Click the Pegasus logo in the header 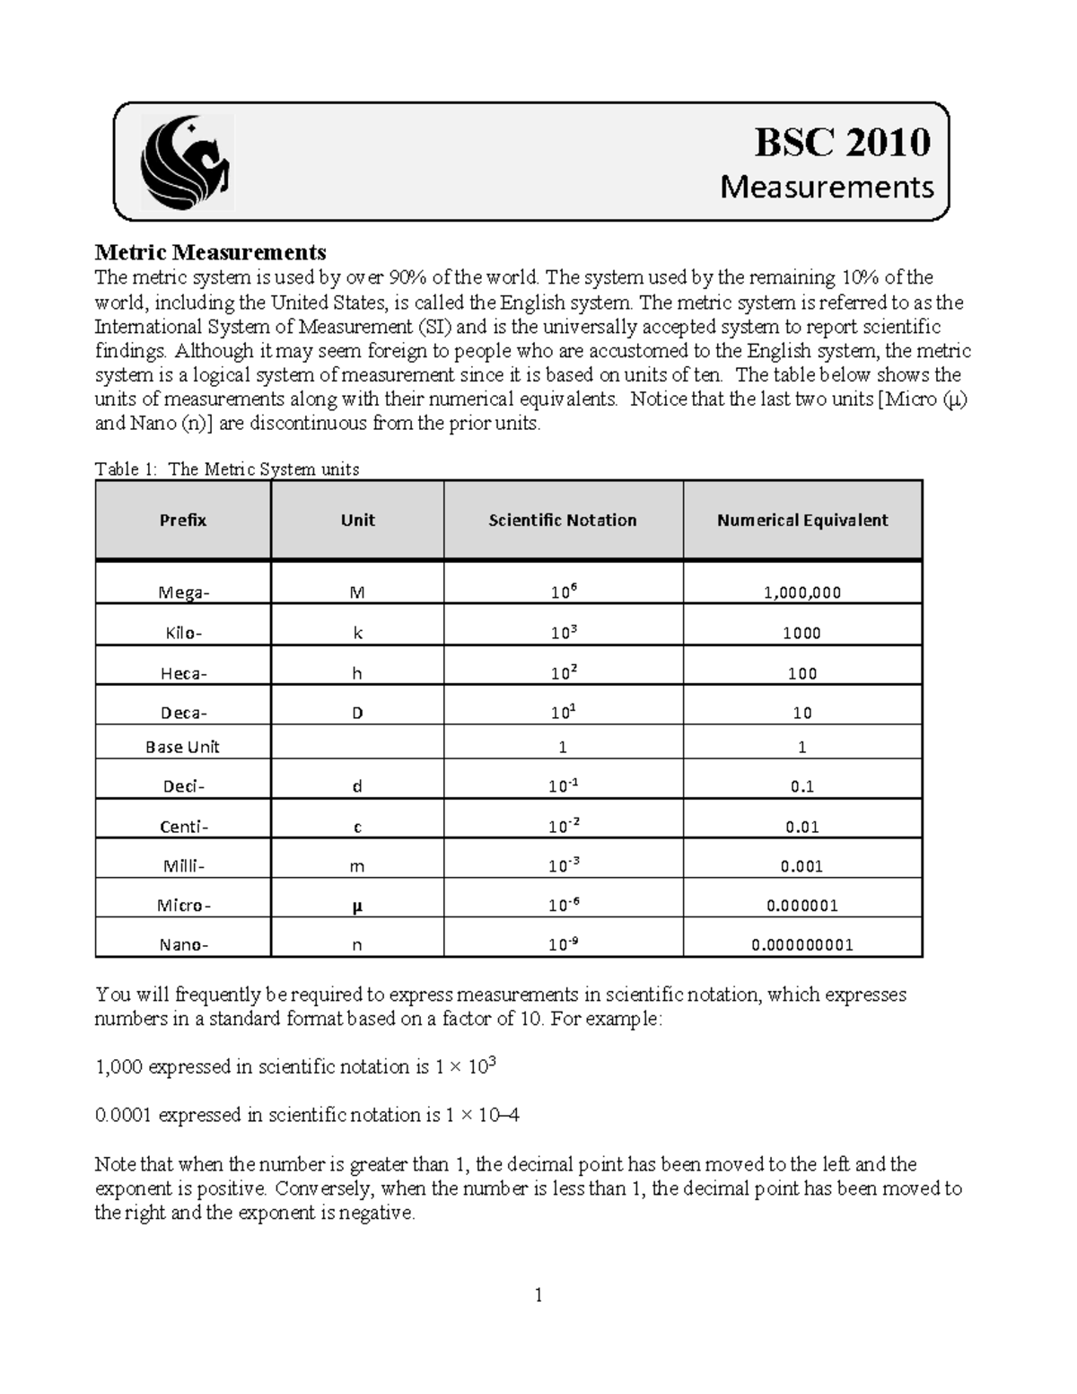click(x=187, y=163)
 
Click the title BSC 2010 click(x=842, y=142)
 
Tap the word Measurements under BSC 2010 click(x=827, y=187)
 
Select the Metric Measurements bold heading click(x=210, y=252)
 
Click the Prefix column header click(x=183, y=521)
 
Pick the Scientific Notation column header click(x=563, y=521)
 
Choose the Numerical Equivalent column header click(x=802, y=521)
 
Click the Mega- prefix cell click(x=183, y=592)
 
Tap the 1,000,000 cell click(x=802, y=592)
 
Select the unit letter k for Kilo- click(x=357, y=633)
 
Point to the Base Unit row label click(x=183, y=747)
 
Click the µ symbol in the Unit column click(x=357, y=906)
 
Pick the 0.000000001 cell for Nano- click(x=802, y=944)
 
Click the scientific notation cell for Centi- click(x=563, y=826)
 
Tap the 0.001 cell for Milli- click(x=802, y=866)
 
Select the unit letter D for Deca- click(x=357, y=713)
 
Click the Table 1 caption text click(x=227, y=469)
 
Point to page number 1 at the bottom click(x=538, y=1294)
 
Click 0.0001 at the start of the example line click(x=124, y=1116)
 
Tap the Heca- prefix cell click(x=183, y=673)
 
